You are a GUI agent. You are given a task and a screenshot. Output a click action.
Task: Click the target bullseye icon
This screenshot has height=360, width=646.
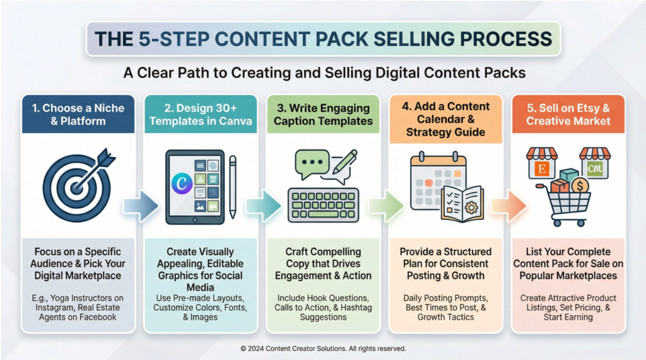click(77, 187)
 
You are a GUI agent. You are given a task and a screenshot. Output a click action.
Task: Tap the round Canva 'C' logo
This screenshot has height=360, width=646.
click(182, 183)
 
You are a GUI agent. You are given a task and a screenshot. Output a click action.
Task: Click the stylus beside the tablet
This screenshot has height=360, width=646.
click(233, 187)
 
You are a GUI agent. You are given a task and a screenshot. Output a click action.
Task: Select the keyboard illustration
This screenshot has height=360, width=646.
click(323, 205)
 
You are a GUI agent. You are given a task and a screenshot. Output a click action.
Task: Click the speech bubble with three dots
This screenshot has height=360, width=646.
click(312, 163)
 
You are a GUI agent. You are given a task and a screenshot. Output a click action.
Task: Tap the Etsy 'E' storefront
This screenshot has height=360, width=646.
click(542, 163)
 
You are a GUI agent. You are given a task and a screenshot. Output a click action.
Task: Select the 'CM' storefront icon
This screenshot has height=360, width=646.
click(594, 163)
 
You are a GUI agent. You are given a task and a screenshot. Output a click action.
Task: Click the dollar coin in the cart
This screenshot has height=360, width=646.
click(580, 186)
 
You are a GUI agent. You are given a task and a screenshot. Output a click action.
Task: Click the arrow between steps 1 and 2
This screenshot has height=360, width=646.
click(141, 206)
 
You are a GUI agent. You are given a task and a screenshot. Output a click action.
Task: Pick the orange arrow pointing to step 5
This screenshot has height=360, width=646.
click(509, 206)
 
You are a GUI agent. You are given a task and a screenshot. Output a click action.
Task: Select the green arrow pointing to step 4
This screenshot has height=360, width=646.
click(386, 206)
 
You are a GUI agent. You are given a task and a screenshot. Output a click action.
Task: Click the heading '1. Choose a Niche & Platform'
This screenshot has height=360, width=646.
click(78, 115)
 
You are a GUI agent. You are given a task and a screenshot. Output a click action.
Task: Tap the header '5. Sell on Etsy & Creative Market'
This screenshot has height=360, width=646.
click(568, 115)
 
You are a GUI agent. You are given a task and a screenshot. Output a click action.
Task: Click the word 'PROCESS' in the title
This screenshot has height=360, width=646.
click(506, 39)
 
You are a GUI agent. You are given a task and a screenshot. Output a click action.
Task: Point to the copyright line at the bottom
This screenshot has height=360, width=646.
click(323, 349)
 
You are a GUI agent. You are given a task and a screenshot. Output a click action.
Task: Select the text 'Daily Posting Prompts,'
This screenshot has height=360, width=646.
click(445, 298)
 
